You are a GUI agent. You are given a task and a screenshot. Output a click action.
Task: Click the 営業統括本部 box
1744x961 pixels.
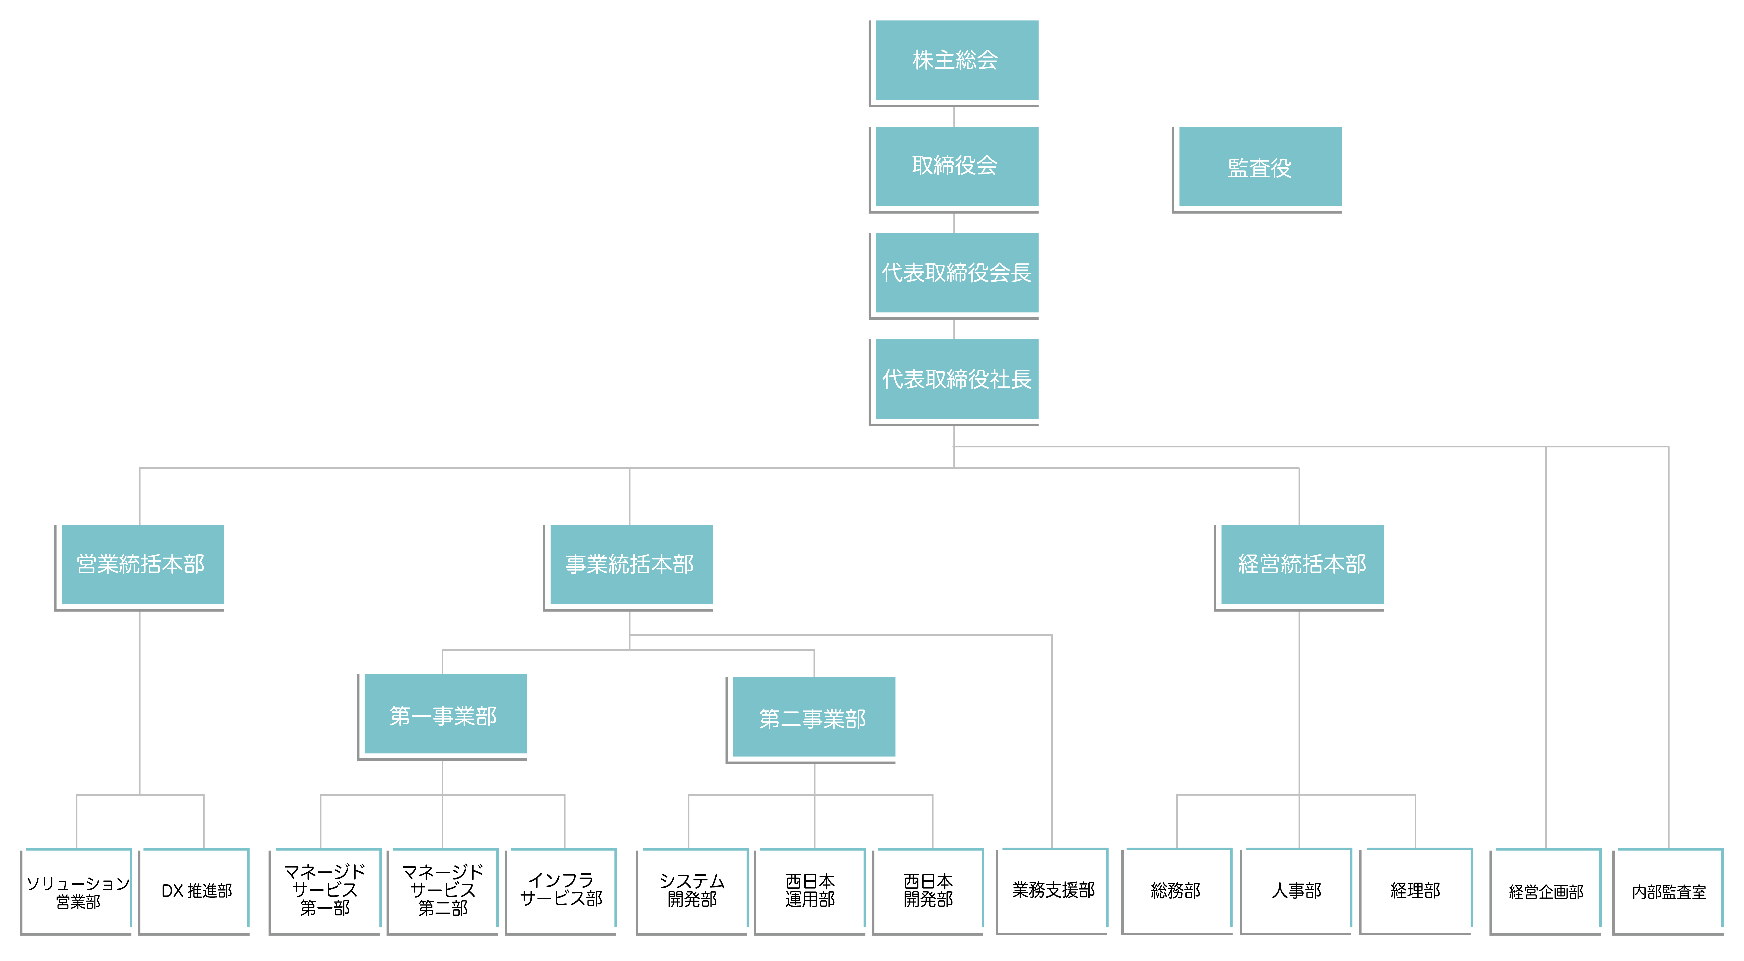coord(139,567)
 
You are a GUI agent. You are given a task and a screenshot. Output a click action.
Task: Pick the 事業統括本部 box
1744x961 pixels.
coord(628,567)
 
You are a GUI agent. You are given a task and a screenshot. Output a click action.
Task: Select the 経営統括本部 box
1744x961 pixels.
coord(1299,567)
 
